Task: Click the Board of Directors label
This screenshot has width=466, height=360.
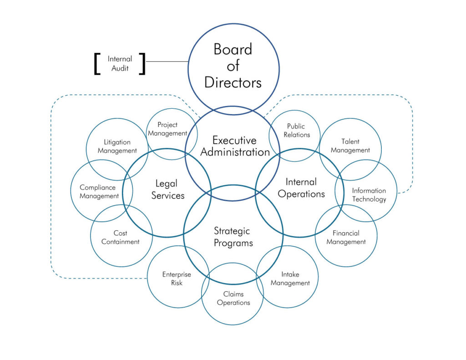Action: coord(233,66)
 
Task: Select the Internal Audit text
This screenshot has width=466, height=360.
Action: coord(120,63)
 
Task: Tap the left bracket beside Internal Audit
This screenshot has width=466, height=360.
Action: coord(96,64)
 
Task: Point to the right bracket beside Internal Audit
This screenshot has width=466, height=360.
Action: coord(143,64)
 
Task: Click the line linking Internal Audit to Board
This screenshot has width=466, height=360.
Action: coord(167,61)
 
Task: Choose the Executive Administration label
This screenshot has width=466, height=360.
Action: coord(235,146)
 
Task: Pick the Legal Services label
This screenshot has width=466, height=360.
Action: coord(167,189)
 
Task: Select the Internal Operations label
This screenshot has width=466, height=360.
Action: coord(301,188)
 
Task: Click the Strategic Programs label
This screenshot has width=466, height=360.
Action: coord(233,237)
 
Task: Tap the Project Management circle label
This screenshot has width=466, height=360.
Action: coord(167,129)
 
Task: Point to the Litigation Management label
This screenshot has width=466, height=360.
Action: coord(117,146)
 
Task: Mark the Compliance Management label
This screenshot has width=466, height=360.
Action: coord(99,192)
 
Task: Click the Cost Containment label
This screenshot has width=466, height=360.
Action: coord(120,237)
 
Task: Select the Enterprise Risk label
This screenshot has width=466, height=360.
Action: coord(177,279)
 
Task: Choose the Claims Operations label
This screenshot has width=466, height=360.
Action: coord(233,298)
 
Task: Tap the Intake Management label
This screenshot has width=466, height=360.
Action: coord(290,279)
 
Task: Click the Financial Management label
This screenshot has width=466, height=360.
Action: coord(346,237)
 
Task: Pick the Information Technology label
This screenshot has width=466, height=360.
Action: coord(369,195)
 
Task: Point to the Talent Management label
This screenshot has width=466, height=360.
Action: coord(350,146)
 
